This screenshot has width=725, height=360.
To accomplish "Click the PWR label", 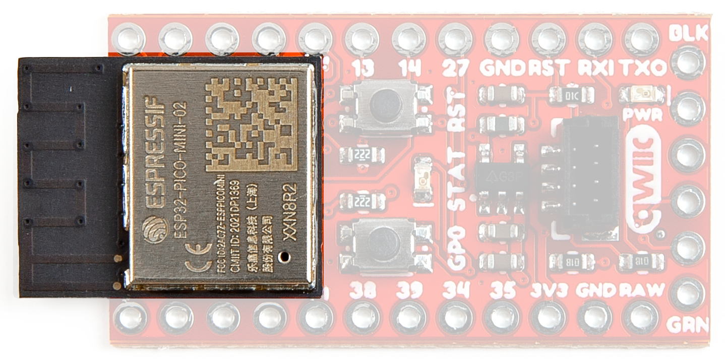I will (642, 115).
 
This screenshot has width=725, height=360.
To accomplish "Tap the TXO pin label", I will (640, 67).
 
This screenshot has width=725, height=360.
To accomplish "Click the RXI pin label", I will (595, 67).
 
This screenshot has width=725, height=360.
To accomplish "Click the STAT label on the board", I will (457, 181).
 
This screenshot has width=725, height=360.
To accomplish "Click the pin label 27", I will (455, 67).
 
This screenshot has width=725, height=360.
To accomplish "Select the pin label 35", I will (503, 290).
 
